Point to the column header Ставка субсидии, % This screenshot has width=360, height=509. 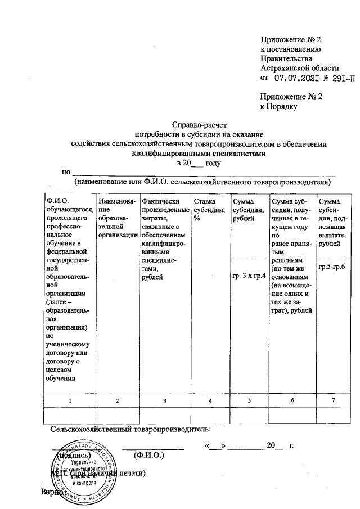point(208,210)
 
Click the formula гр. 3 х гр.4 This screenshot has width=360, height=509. point(248,276)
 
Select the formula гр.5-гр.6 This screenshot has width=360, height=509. point(332,265)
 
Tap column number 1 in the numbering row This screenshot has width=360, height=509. point(70,400)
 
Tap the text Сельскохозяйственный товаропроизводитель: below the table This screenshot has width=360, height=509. point(130,430)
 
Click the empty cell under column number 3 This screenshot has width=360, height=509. point(164,414)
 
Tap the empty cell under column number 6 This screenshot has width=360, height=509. point(292,414)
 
